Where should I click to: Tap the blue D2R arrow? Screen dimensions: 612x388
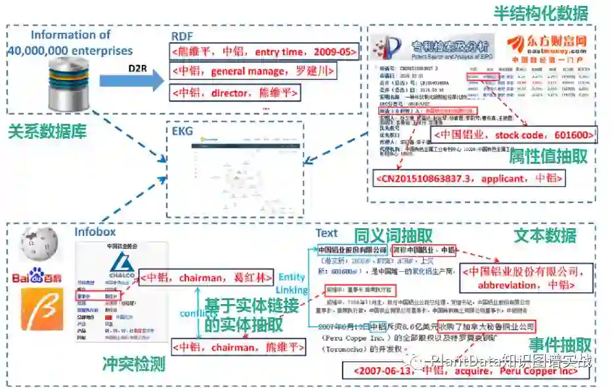(131, 81)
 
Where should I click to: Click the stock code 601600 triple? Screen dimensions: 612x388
(514, 136)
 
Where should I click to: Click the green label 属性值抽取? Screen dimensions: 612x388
(557, 155)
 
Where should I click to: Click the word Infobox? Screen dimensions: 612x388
(95, 231)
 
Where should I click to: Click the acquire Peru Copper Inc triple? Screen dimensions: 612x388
(464, 371)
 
